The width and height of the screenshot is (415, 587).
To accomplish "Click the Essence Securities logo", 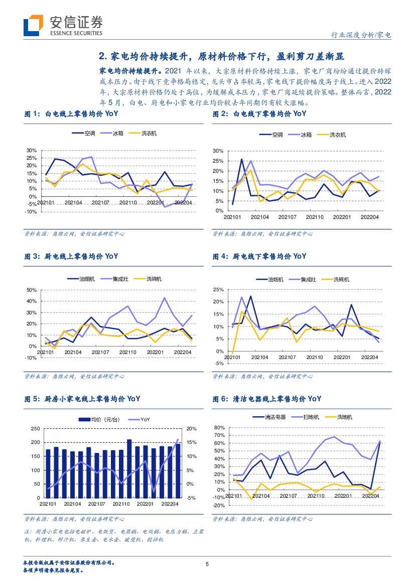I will [x=63, y=25].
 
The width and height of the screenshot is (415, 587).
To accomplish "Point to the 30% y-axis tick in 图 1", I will [x=32, y=151].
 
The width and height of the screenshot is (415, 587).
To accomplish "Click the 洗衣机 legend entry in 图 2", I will [x=337, y=135].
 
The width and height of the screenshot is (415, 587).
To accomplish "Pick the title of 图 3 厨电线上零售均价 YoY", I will [x=72, y=256].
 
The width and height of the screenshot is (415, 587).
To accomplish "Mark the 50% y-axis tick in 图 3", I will [x=32, y=290].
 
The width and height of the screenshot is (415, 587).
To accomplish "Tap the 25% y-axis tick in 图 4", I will [x=219, y=290].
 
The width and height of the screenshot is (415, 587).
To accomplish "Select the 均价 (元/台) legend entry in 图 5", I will [x=104, y=419].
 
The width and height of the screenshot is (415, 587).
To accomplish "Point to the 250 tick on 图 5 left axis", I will [x=35, y=428].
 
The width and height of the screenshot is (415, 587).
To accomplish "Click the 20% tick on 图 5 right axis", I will [x=191, y=428].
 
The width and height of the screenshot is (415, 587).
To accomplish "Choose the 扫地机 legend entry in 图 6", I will [x=312, y=417].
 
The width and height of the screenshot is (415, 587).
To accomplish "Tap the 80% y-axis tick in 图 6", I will [x=219, y=428].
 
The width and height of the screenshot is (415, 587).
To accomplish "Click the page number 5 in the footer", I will [x=207, y=564].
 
